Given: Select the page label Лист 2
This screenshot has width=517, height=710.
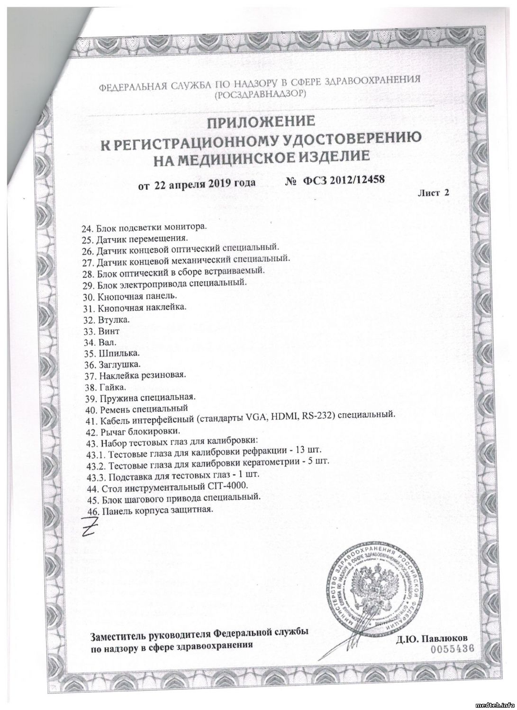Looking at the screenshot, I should [x=433, y=192].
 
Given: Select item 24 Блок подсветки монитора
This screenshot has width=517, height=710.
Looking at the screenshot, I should [x=145, y=227].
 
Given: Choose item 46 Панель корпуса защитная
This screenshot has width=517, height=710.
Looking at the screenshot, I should [x=148, y=509].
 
